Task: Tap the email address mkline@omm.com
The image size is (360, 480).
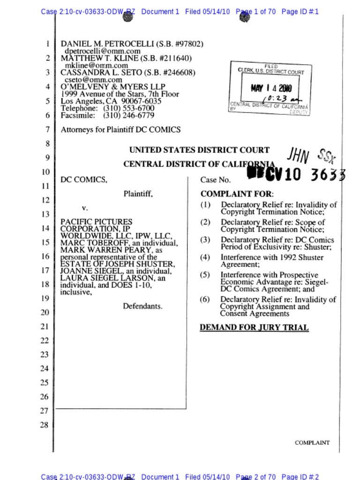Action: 96,66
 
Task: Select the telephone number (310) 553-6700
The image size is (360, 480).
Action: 128,108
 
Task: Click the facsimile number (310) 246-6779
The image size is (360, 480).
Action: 128,115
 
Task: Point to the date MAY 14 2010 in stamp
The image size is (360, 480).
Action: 271,88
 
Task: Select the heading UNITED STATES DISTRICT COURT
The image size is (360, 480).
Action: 199,150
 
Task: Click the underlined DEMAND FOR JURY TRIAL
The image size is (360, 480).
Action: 254,328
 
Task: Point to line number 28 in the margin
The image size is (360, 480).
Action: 44,425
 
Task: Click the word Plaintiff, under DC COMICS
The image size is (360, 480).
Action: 138,193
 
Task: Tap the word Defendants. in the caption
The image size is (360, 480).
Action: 142,306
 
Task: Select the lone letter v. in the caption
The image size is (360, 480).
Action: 85,207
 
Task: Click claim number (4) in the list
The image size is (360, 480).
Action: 205,257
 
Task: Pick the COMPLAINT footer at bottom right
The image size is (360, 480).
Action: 312,442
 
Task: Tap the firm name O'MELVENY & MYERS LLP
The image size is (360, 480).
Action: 113,87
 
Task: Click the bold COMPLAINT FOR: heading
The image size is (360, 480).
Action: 237,194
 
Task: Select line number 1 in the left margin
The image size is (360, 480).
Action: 47,44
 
